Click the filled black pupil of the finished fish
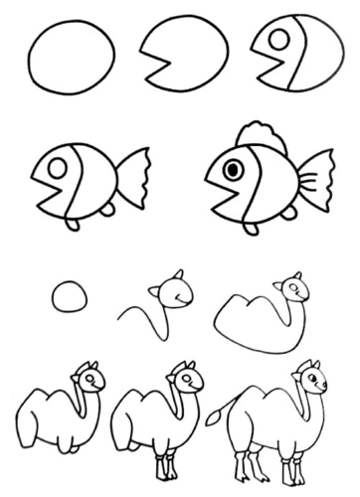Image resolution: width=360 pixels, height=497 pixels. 232,170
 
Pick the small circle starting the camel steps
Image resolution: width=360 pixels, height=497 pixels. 69,297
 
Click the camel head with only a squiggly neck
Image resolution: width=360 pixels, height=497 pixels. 168,291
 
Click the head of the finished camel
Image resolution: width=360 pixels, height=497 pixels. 312,382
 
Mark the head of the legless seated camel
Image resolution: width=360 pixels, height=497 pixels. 89,381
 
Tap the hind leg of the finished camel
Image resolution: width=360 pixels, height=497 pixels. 244,463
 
